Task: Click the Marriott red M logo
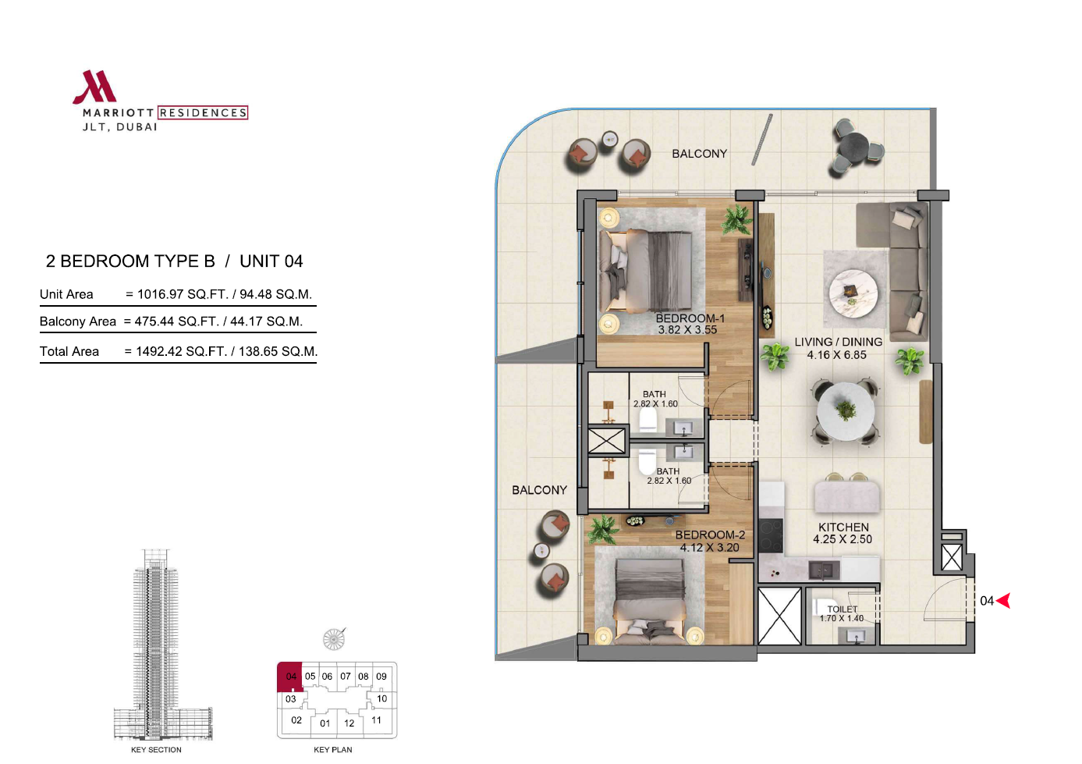point(94,87)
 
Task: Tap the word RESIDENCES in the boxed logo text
point(203,112)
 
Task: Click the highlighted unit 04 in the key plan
point(290,677)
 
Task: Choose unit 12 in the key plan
point(349,723)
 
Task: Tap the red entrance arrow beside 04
point(1003,601)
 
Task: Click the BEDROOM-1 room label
point(690,318)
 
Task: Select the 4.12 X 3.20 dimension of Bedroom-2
point(710,548)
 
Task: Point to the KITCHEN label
point(843,528)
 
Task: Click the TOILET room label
point(843,609)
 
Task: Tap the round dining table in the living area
point(846,412)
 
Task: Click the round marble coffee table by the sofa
point(853,293)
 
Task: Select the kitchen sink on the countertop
point(824,570)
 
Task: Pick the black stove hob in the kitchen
point(771,535)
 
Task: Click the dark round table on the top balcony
point(853,147)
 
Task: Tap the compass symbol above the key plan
point(334,639)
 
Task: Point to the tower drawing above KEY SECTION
point(156,645)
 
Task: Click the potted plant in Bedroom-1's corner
point(737,219)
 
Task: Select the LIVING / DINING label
point(838,342)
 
